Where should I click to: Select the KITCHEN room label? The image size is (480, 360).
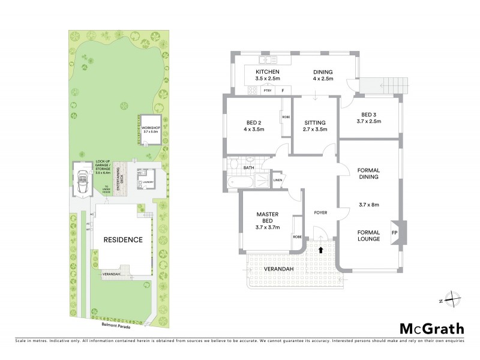268,71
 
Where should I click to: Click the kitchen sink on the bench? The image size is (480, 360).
264,60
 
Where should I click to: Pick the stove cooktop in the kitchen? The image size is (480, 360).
253,91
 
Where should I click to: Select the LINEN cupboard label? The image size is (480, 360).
277,180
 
